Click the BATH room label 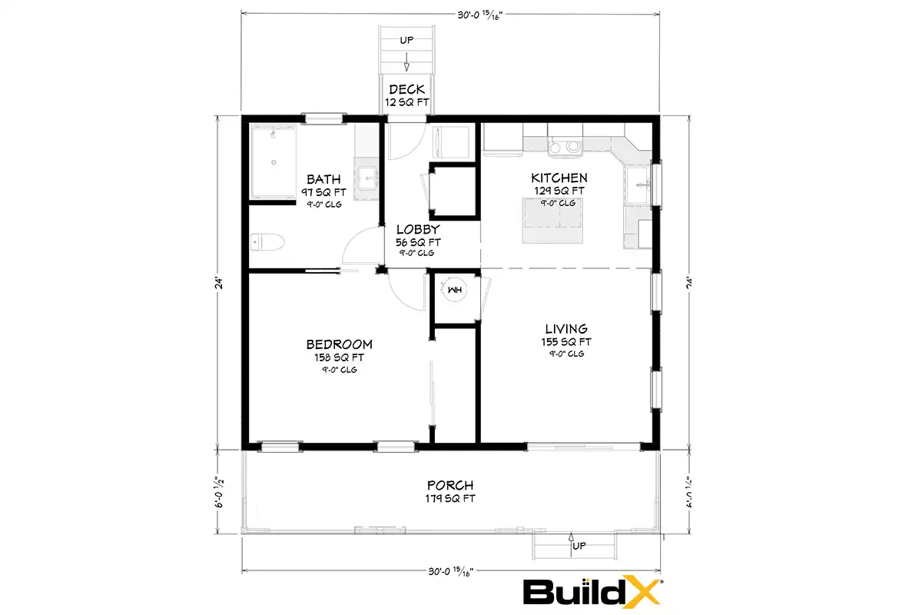[x=323, y=179]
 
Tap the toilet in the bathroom [x=267, y=242]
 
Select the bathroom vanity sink [x=367, y=178]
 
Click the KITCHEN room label [x=559, y=178]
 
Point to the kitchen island [x=552, y=221]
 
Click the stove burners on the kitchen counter [x=565, y=147]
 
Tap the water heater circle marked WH [x=455, y=290]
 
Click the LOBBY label [x=418, y=229]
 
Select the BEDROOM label [x=339, y=344]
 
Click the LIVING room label [x=566, y=329]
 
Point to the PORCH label [x=450, y=485]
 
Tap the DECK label [x=406, y=89]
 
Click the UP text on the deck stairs [x=406, y=40]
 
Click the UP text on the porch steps [x=579, y=546]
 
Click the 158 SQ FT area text [x=339, y=357]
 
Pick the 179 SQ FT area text [x=450, y=498]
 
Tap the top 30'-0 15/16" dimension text [x=480, y=15]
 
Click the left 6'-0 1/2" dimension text [x=219, y=492]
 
